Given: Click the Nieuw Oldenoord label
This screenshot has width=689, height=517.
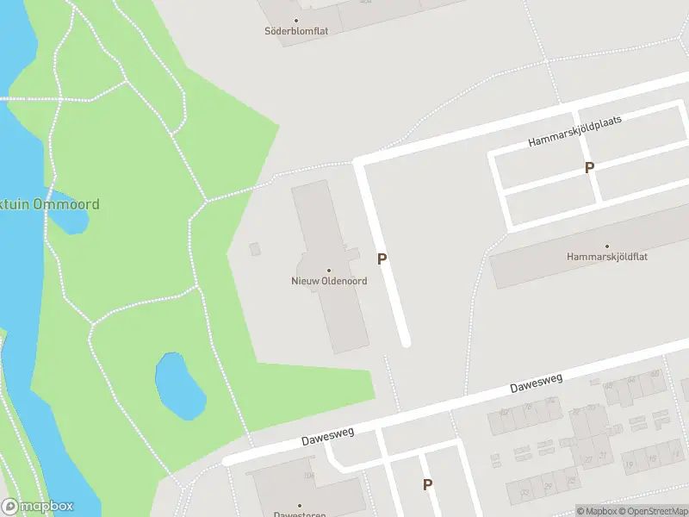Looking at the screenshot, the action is pos(327,282).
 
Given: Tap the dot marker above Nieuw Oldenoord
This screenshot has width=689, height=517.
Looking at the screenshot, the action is pos(328,271).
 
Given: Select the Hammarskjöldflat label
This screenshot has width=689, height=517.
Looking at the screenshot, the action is pos(605,257).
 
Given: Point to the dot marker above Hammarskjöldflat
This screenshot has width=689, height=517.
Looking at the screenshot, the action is pos(606,246).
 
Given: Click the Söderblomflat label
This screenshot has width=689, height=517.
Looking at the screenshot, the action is pos(296,31).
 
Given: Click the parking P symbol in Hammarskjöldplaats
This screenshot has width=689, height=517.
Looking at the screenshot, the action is pos(589,168).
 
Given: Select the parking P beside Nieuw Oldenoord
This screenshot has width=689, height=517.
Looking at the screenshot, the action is pos(382,258).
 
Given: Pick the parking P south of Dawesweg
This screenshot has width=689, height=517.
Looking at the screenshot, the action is pos(427,485).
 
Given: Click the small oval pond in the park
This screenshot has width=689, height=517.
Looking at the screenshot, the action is pos(180,385).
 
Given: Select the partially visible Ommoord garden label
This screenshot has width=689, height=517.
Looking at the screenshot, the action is pos(50,205).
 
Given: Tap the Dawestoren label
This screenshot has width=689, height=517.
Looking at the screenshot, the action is pos(300,514).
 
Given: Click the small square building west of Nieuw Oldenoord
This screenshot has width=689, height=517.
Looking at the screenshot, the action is pos(254,249).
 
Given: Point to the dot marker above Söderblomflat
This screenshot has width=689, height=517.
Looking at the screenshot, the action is pos(296,20).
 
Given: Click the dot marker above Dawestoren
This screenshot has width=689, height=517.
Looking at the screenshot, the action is pos(300,505).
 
